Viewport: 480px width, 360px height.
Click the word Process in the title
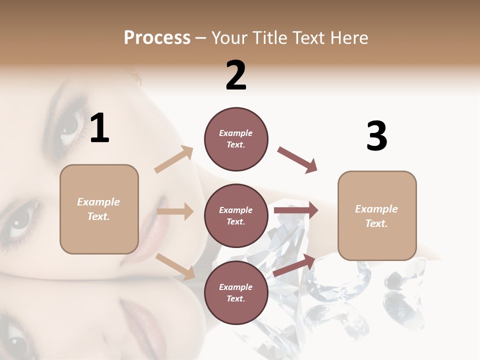[157, 38]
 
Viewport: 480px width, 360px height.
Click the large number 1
[99, 128]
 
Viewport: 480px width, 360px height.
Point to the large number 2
[236, 75]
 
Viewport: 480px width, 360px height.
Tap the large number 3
[376, 136]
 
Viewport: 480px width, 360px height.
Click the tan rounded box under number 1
[99, 209]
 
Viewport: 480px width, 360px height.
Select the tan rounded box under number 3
[377, 216]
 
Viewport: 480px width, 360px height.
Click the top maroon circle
[236, 139]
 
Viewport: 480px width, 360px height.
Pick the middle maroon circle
[236, 216]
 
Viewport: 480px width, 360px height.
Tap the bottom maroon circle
[236, 293]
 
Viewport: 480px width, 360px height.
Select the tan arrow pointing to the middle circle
[175, 211]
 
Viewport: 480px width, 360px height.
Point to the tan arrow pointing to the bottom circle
[175, 266]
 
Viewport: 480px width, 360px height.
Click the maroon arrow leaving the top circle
[297, 159]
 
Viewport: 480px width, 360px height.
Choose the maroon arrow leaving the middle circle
[296, 210]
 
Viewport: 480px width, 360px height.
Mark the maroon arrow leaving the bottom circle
[294, 265]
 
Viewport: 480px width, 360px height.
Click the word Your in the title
[228, 38]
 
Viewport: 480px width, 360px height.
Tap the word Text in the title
[306, 38]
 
